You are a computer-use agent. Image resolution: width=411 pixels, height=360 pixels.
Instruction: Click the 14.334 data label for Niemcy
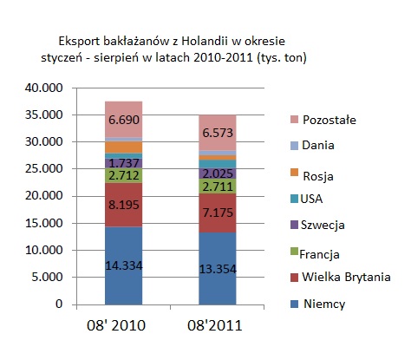coord(124,265)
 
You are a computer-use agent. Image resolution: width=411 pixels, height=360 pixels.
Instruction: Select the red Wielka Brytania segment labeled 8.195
coord(124,205)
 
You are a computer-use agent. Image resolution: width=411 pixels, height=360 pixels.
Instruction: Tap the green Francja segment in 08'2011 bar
coord(218,187)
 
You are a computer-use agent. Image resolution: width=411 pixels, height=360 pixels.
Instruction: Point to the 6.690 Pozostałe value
coord(124,120)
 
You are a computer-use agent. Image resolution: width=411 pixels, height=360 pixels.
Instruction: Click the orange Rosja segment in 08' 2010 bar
coord(124,147)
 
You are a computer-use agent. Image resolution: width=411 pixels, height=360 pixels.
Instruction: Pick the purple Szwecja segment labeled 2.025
coord(218,173)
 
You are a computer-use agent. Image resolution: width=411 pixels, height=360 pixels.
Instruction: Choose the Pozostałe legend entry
coord(323,120)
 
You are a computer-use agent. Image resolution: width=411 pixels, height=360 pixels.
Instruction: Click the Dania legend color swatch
coord(294,146)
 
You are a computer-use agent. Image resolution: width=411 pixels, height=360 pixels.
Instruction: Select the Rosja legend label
coord(318,176)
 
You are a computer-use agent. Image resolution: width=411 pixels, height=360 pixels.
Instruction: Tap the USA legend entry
coord(307,199)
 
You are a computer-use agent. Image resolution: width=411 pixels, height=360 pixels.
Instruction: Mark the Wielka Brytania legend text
coord(346,277)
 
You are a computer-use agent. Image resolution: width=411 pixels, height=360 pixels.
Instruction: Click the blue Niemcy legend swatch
coord(294,304)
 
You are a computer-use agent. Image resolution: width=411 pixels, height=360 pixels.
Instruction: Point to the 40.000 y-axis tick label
coord(43,88)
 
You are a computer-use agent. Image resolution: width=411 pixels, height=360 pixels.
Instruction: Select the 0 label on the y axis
coord(59,304)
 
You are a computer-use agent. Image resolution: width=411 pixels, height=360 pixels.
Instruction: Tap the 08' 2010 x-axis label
coord(116,325)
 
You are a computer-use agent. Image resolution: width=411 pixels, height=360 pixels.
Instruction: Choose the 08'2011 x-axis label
coord(214,325)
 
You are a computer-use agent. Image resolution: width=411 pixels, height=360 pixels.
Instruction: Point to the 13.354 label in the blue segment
coord(218,269)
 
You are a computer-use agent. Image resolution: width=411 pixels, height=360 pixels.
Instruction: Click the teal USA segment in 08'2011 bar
coord(218,164)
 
